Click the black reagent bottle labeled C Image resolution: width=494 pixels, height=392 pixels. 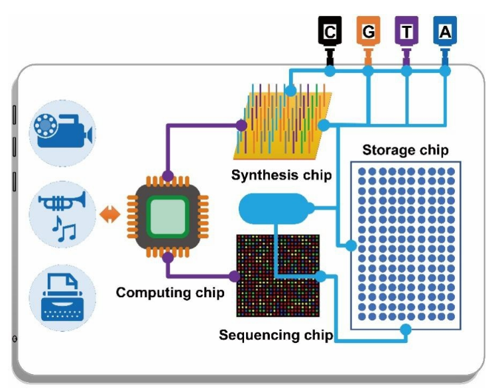(330, 31)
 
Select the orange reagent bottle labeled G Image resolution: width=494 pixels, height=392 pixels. (368, 31)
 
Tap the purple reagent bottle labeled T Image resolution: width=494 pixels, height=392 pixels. (406, 31)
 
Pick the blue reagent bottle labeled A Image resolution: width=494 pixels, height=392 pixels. (444, 31)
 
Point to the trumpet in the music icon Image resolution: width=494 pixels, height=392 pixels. (64, 202)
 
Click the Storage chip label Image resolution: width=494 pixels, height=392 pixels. (405, 150)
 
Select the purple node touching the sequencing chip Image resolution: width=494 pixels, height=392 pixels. (233, 276)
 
